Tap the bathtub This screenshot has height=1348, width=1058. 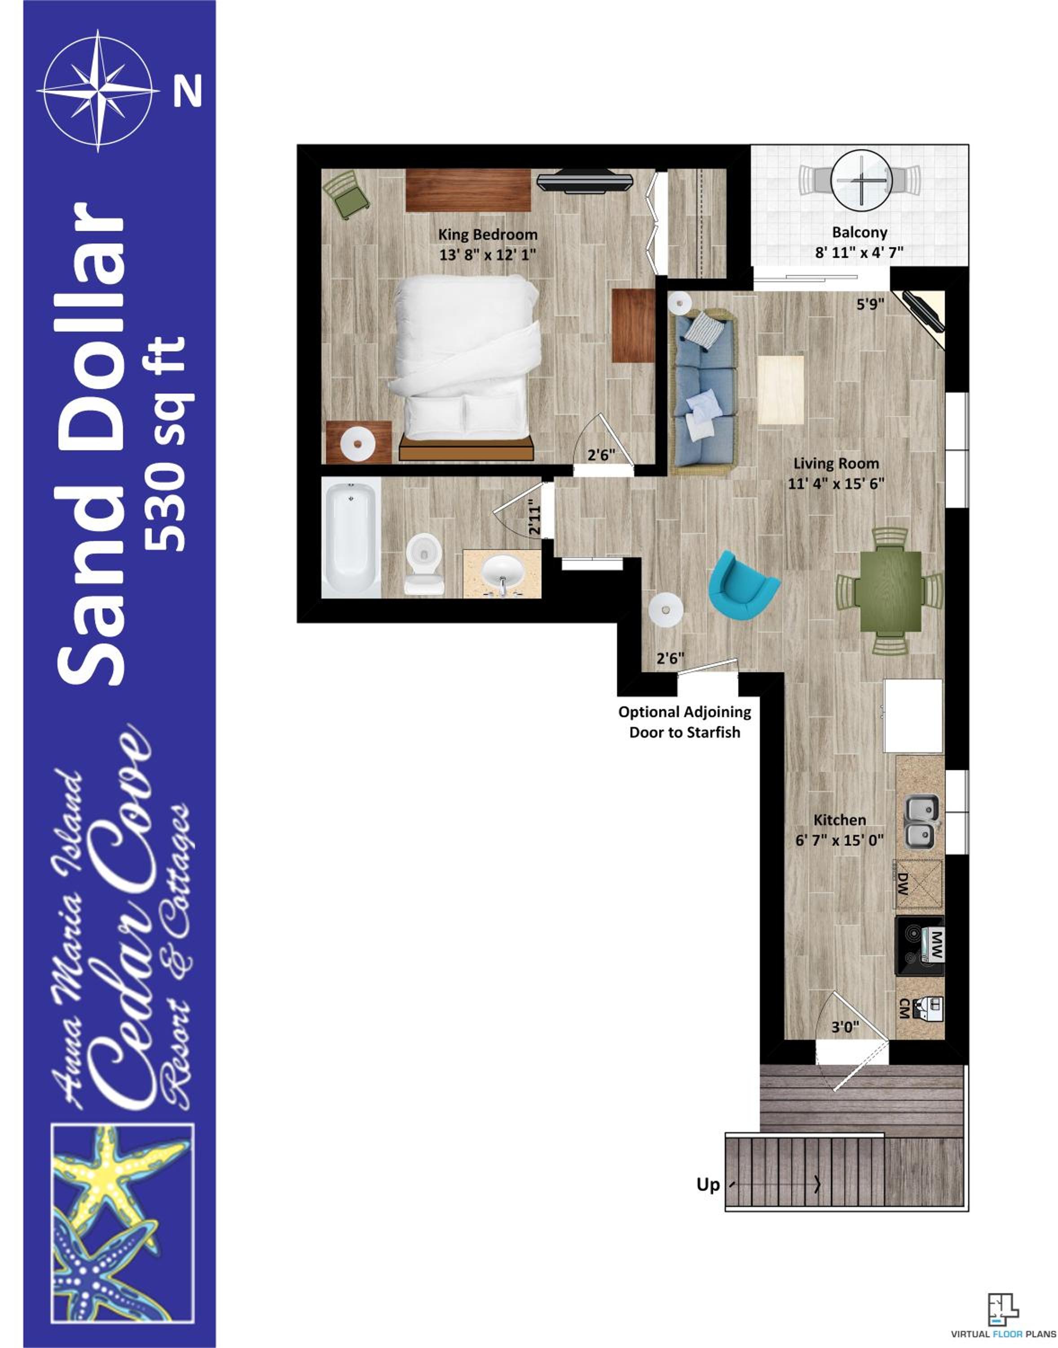coord(351,538)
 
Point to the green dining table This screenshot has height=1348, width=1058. coord(888,590)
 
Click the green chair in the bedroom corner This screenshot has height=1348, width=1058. coord(346,195)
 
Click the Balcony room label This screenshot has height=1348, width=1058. coord(859,232)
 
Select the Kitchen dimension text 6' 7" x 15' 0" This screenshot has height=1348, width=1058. coord(839,840)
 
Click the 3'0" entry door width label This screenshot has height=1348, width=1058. coord(845,1028)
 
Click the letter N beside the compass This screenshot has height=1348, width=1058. coord(188,91)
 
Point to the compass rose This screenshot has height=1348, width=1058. coord(98,90)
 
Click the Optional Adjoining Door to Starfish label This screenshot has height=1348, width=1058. coord(684,722)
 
